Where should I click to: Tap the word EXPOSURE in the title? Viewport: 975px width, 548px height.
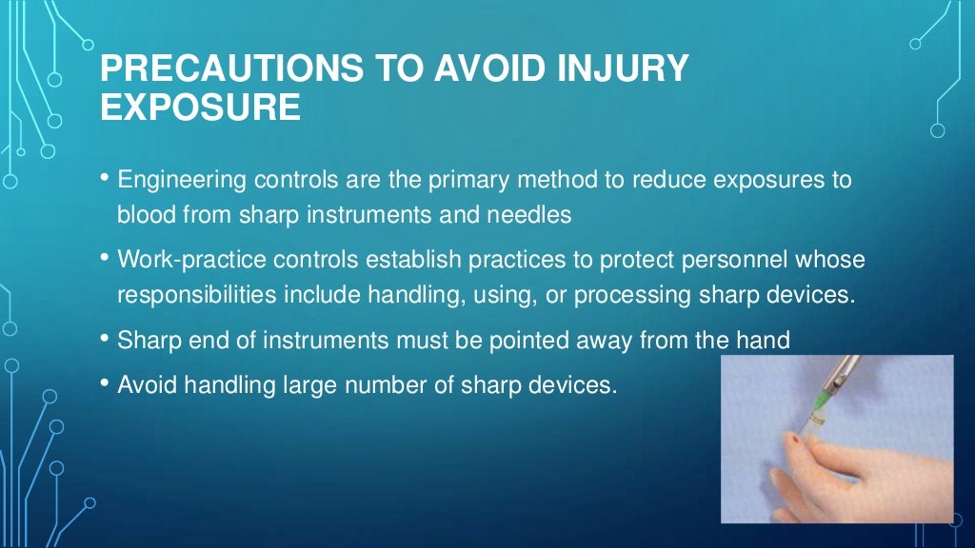pyautogui.click(x=200, y=108)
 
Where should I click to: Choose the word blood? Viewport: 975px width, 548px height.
pyautogui.click(x=143, y=215)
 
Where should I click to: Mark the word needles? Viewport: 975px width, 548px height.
pyautogui.click(x=532, y=215)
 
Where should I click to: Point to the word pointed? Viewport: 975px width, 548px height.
pyautogui.click(x=554, y=340)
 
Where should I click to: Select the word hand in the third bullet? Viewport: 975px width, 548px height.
pyautogui.click(x=764, y=340)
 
